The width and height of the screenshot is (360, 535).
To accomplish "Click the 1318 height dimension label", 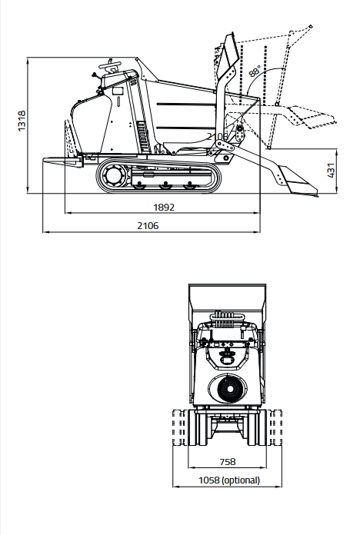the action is (x=22, y=121).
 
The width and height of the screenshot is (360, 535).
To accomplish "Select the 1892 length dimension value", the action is (x=164, y=207).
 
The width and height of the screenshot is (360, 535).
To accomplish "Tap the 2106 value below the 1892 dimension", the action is (x=148, y=225).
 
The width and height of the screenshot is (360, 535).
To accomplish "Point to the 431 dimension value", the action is (x=331, y=170).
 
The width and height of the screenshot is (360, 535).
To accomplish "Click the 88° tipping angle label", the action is (x=255, y=71).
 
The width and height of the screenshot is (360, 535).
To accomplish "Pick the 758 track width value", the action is (x=228, y=462).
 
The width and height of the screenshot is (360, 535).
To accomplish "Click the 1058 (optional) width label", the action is (x=229, y=480).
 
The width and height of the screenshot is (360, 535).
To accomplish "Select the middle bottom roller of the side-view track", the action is (x=165, y=185).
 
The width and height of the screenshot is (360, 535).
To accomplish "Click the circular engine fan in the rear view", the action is (x=228, y=389).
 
